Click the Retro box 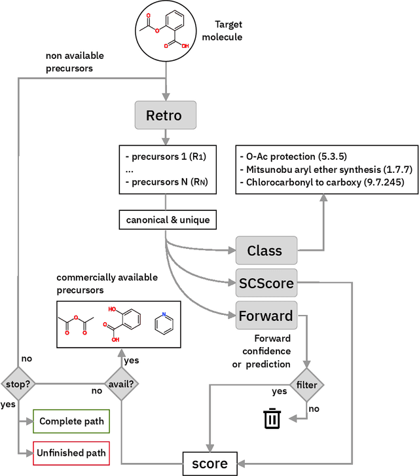coord(167,116)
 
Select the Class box coord(265,250)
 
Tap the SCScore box coord(265,283)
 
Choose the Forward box coord(265,316)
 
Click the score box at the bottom coord(209,464)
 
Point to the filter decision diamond coord(307,384)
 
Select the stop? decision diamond coord(18,384)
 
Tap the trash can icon coord(272,418)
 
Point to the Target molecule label coord(223,31)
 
